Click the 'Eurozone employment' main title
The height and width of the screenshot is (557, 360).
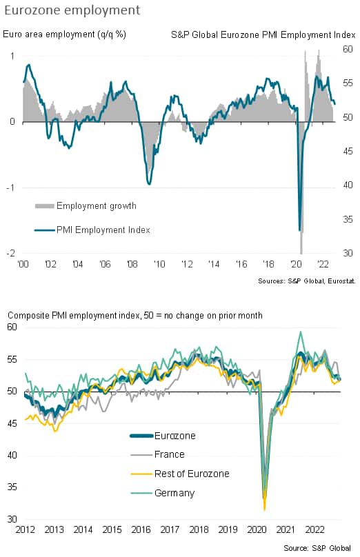click(x=72, y=10)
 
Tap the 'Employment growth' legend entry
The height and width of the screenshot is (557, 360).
click(x=86, y=205)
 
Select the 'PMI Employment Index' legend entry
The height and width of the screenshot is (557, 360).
click(x=92, y=230)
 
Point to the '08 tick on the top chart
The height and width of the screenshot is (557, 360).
click(x=132, y=264)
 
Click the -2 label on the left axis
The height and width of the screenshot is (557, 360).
click(x=10, y=253)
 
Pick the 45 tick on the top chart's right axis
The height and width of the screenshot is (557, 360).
click(x=348, y=152)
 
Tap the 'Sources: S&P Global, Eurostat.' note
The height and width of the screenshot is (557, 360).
click(x=307, y=281)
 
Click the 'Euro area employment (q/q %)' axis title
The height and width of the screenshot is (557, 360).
click(x=64, y=34)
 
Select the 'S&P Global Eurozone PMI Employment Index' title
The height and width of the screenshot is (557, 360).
click(x=263, y=34)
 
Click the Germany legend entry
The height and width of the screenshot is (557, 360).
click(x=163, y=493)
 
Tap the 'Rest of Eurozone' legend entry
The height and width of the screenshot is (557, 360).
click(x=180, y=474)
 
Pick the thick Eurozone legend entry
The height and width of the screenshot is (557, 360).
click(x=163, y=436)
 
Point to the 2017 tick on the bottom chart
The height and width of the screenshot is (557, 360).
click(x=170, y=529)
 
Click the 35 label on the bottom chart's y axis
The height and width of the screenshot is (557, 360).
click(x=12, y=487)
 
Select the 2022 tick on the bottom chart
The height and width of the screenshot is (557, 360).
click(x=314, y=529)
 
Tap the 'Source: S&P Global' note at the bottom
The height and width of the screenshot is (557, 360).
click(x=317, y=548)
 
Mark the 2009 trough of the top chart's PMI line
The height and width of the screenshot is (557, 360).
click(x=149, y=184)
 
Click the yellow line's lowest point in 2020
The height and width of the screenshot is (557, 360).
click(x=264, y=510)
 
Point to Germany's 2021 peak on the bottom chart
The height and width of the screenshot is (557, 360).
click(x=301, y=332)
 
